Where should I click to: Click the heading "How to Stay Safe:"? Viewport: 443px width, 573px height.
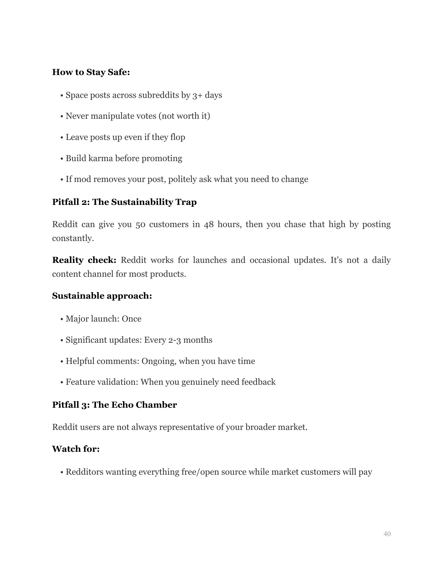(91, 72)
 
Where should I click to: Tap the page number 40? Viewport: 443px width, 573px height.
(387, 534)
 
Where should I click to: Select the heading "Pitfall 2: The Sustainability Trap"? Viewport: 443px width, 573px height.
(124, 202)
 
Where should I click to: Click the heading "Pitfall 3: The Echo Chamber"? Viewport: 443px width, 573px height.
(114, 405)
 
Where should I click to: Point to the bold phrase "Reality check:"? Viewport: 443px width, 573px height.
(84, 260)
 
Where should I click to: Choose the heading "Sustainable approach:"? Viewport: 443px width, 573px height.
(102, 296)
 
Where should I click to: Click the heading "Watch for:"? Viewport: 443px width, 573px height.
(76, 449)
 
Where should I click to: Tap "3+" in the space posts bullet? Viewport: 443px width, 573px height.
(197, 95)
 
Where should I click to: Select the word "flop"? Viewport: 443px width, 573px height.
(177, 137)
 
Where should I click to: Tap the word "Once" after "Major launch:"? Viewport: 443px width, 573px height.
(131, 319)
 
